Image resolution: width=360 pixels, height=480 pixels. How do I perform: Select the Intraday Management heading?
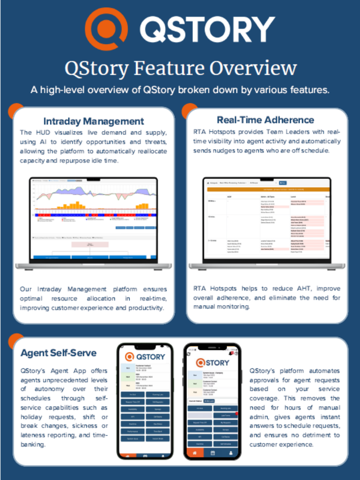[x=94, y=121]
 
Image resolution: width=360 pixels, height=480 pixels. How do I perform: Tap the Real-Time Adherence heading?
[x=265, y=120]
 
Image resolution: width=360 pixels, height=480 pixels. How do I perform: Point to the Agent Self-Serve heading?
[x=58, y=353]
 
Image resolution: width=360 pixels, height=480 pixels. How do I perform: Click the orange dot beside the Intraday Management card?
[x=16, y=111]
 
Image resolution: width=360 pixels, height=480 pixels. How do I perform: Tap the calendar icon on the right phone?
[x=213, y=453]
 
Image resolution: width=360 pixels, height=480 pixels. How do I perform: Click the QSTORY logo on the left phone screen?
[x=145, y=356]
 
